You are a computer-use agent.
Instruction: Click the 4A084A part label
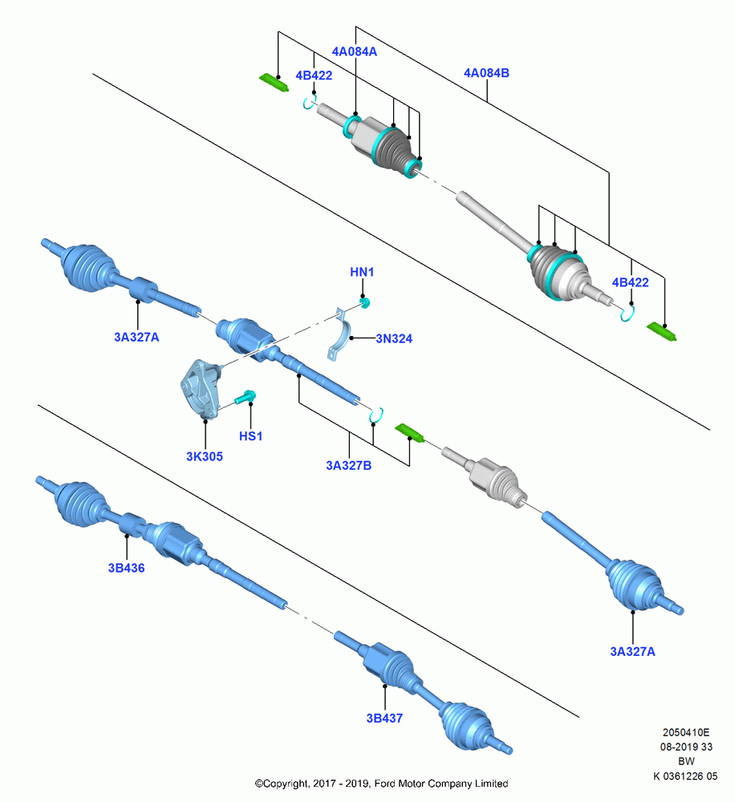coord(354,51)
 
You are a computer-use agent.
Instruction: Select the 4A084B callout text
coord(486,73)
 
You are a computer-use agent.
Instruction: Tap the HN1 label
coord(362,272)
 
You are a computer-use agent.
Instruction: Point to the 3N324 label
coord(394,338)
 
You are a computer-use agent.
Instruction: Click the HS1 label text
coord(251,436)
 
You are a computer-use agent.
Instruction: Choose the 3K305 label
coord(205,457)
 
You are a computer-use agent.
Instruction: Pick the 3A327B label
coord(348,465)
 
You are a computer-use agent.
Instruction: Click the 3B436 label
coord(127,568)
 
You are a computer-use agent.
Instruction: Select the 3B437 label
coord(384,718)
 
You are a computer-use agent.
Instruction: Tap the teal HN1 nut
coord(365,303)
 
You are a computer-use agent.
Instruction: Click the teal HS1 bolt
coord(246,397)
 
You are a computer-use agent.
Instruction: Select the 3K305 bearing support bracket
coord(201,389)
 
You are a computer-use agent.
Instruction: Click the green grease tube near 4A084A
coord(274,83)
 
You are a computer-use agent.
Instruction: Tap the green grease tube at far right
coord(662,331)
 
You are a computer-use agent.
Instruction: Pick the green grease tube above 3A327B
coord(409,433)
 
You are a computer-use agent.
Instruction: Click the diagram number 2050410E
coord(686,733)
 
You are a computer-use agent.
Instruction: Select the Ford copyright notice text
coord(381,784)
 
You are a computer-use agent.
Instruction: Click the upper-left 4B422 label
coord(314,75)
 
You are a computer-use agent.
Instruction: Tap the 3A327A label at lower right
coord(632,651)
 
